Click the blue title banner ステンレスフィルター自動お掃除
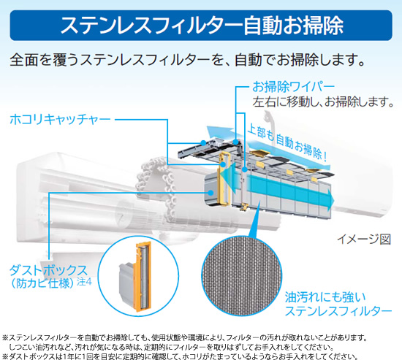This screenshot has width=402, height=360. (x=201, y=25)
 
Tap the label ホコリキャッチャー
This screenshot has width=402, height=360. (x=60, y=120)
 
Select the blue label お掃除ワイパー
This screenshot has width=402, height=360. (x=293, y=87)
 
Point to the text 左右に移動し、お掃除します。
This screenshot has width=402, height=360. (x=323, y=102)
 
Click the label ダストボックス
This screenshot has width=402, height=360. (x=49, y=270)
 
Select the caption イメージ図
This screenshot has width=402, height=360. (x=364, y=240)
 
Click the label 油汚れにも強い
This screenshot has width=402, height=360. (x=325, y=297)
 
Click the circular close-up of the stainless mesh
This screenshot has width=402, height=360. (x=241, y=275)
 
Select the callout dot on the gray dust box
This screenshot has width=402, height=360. (x=211, y=193)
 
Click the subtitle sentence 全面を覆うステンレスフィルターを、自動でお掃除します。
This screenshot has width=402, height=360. (x=187, y=59)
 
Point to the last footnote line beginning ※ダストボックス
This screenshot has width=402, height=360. (x=180, y=356)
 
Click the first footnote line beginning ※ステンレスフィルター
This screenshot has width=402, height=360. (x=185, y=338)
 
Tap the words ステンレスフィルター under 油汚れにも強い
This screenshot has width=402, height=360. (x=338, y=311)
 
